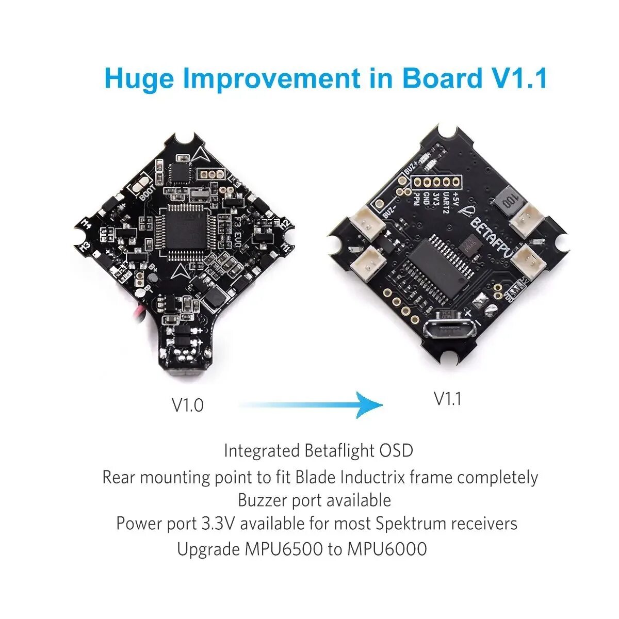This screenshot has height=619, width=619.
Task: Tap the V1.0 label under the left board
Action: tap(187, 405)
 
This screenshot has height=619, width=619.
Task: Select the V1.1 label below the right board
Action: tap(447, 399)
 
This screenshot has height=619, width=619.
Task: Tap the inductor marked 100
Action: tap(508, 200)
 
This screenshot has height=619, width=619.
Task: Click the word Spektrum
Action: tap(411, 524)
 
